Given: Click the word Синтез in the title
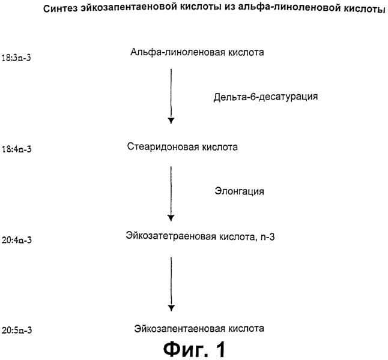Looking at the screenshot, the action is point(61,8).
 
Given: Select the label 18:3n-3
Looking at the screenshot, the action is point(16,58).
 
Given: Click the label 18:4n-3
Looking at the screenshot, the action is point(17,149).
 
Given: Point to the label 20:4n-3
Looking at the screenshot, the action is point(17,240).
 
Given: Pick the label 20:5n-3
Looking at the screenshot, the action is point(17,331).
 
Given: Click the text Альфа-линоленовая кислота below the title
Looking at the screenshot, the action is point(197,52).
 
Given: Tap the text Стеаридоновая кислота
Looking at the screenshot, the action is point(183,147).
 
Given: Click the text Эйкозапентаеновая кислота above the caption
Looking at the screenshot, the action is point(199,329).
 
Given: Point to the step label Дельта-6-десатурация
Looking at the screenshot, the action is point(265,97).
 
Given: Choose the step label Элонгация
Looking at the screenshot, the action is point(239,191).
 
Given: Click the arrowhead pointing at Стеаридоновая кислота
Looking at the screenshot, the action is point(171,121).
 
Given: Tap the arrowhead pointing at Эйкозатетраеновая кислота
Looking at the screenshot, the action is point(171,218).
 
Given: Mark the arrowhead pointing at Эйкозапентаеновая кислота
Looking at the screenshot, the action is point(171,308).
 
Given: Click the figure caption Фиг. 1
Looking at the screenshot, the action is point(195,349).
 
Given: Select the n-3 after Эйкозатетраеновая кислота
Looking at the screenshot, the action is point(267,237).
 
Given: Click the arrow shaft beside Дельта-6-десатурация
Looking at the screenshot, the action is point(171,94).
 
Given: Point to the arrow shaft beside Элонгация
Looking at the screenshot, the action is point(171,191).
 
